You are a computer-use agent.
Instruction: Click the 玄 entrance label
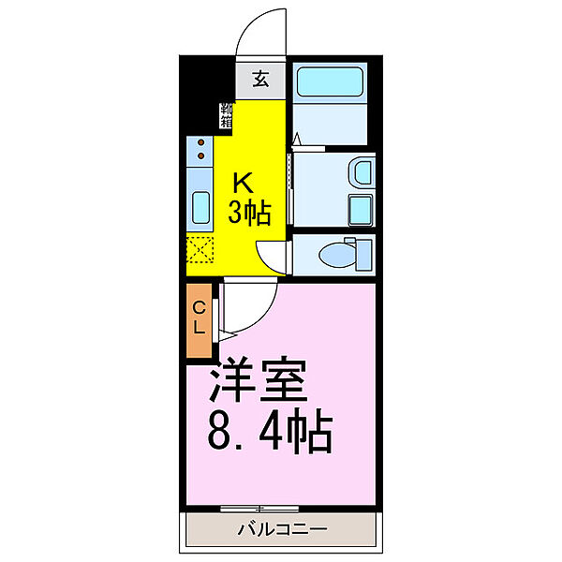click(x=259, y=80)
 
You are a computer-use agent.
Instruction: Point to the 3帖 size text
click(x=250, y=214)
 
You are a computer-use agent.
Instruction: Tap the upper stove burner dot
click(x=200, y=143)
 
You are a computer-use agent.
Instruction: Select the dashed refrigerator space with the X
click(x=200, y=252)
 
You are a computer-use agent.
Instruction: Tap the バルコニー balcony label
click(x=281, y=530)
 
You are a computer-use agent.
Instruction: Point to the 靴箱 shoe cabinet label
click(x=226, y=113)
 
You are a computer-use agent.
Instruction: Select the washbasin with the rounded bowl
click(x=361, y=173)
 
